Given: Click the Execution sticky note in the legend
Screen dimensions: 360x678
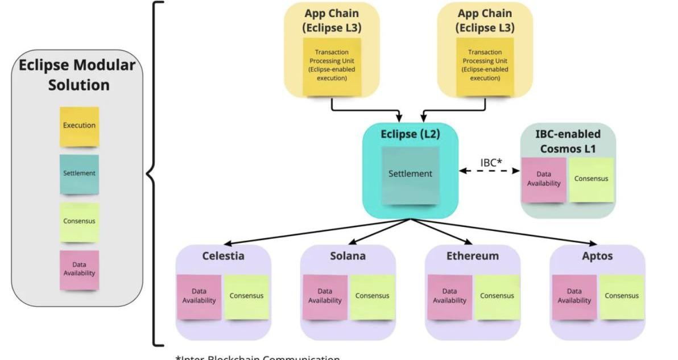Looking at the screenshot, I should (x=79, y=126).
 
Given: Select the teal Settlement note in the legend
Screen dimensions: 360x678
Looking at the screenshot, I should (x=79, y=174).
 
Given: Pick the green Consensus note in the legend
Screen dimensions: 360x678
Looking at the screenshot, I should (x=79, y=222).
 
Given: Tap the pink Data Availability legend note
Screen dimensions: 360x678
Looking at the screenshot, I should (x=79, y=270).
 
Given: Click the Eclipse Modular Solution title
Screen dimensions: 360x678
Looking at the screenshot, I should (x=78, y=75).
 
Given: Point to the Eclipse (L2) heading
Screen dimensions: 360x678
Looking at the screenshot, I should (x=410, y=135).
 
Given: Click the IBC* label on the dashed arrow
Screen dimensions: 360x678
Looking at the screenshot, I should (x=491, y=163).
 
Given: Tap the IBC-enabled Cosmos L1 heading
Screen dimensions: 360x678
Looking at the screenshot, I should (x=568, y=141).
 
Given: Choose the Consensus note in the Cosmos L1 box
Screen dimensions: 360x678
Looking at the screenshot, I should (x=591, y=179).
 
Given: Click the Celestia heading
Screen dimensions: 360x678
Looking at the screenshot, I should (x=223, y=256).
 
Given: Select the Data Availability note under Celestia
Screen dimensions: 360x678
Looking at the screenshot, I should (x=199, y=296).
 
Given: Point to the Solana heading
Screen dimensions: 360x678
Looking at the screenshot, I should (x=348, y=256).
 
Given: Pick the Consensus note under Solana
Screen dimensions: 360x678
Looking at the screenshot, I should (x=372, y=296).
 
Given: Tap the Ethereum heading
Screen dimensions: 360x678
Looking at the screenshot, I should (x=472, y=256).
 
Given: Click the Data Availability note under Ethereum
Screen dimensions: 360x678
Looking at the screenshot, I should (x=449, y=296).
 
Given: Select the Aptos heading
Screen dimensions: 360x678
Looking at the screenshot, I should (x=597, y=256).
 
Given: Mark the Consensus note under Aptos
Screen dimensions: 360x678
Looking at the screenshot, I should (x=622, y=296).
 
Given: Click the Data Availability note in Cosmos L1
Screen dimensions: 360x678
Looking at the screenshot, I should (x=544, y=179).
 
